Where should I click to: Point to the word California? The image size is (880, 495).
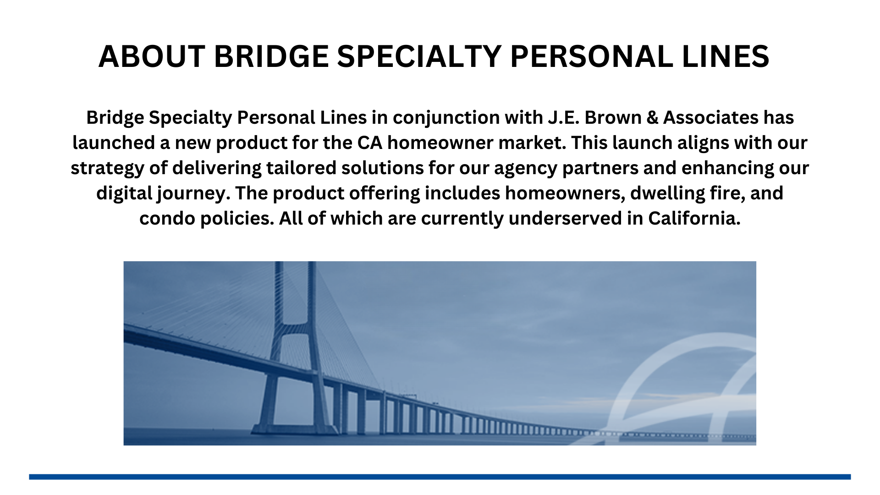point(694,219)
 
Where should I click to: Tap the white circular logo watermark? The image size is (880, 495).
point(687,390)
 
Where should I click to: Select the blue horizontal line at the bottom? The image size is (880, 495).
point(440,477)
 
